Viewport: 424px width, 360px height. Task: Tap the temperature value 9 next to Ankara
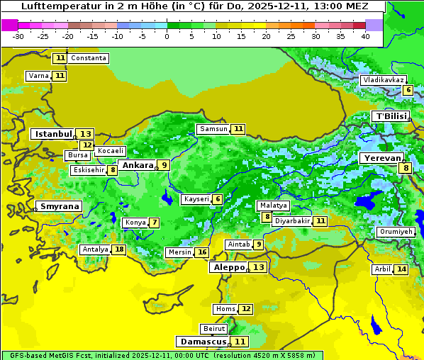(164, 165)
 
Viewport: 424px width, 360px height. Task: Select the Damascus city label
(203, 342)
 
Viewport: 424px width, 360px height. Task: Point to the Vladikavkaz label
(383, 80)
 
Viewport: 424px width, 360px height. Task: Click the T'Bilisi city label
(391, 116)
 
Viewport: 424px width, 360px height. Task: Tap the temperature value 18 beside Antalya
(119, 249)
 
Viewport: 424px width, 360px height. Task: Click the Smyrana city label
(59, 207)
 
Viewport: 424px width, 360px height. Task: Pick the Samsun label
(213, 129)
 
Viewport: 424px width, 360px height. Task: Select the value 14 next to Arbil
(401, 269)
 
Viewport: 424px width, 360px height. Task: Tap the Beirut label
(214, 329)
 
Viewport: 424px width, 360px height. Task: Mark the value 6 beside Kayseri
(217, 200)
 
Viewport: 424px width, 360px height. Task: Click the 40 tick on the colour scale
(364, 36)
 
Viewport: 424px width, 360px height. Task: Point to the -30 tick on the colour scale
(18, 36)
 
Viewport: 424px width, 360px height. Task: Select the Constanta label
(89, 58)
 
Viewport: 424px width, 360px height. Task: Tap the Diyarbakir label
(292, 221)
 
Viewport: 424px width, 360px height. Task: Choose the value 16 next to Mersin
(202, 252)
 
